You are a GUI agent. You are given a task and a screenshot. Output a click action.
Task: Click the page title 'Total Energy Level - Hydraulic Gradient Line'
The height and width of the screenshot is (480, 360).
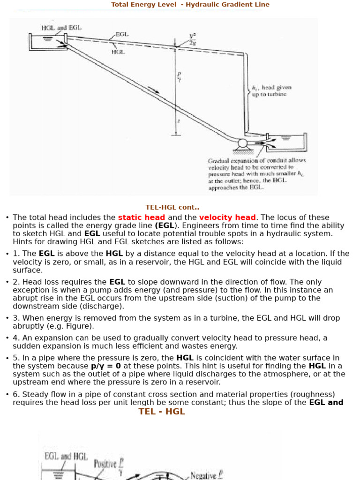pos(190,5)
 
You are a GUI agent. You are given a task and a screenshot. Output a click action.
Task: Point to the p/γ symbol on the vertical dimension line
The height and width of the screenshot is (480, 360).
pos(179,76)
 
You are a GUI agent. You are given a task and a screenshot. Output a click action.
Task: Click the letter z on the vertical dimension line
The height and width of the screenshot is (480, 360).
pos(178,120)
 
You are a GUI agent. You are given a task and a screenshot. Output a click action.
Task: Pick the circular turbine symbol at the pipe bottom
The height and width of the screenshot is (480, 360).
pos(242,143)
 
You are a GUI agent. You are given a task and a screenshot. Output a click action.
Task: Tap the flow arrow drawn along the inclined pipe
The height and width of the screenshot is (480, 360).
pos(153,89)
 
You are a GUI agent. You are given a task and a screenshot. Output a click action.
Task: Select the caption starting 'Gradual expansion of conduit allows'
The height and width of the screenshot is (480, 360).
pos(257,160)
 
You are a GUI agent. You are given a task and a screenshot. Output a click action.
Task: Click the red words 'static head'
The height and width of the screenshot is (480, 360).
pos(141,217)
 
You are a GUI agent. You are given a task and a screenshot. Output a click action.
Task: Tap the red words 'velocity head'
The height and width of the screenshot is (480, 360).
pos(227,217)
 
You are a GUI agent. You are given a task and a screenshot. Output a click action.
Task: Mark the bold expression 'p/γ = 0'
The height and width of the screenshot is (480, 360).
pos(105,366)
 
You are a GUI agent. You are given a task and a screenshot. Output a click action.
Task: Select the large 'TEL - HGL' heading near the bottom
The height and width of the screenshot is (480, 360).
pos(161,412)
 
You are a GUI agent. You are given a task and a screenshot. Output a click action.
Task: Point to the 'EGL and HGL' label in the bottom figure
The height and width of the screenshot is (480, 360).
pos(66,456)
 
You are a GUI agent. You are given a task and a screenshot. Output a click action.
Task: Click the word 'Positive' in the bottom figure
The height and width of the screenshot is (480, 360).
pos(105,464)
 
